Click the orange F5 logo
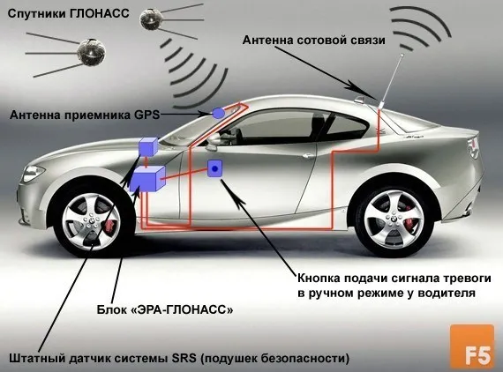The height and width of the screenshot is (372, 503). coord(472,346)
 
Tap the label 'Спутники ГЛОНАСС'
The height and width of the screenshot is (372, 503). coord(68,13)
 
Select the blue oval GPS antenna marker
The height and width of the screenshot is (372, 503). coord(219,113)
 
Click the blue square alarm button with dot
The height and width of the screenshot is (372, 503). coord(214,168)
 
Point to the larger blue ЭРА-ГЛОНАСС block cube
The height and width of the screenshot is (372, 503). coord(147,179)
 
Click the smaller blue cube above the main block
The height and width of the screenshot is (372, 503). coord(148,146)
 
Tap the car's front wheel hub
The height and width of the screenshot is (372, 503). coord(91,220)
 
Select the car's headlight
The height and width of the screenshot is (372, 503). coord(32,174)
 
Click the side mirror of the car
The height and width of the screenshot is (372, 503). coord(213,141)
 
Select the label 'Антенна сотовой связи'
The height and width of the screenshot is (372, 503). coord(314,41)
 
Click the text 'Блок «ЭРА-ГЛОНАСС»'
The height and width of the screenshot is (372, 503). coord(165,309)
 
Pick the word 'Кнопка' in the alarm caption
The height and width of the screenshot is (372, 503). coord(319,279)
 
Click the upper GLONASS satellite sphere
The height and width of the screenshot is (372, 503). coord(149,19)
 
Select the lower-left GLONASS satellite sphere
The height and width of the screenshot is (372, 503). coord(92,51)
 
